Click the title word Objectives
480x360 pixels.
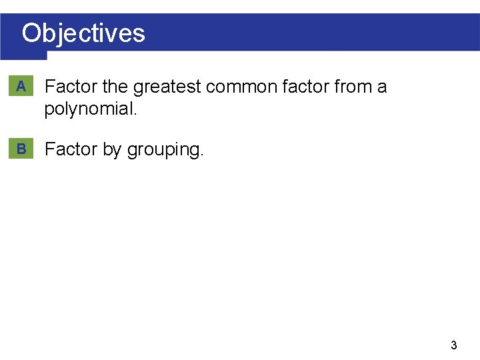83,33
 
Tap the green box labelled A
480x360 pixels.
21,86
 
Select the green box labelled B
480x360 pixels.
21,149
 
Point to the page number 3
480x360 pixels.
454,345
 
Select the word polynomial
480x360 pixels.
88,109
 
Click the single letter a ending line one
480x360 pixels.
381,87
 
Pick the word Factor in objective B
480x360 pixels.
71,149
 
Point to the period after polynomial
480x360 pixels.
135,113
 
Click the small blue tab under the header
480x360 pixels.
23,56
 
